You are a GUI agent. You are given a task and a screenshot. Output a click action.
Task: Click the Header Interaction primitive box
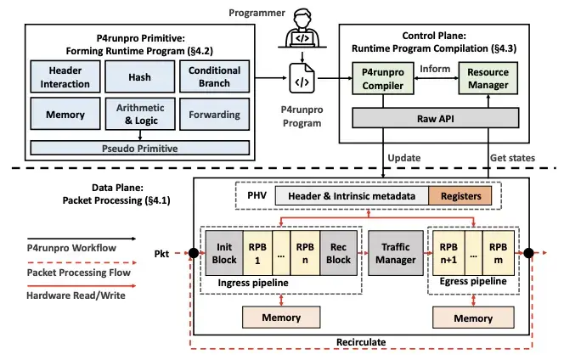(65, 76)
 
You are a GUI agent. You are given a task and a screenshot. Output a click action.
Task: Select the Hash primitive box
(139, 76)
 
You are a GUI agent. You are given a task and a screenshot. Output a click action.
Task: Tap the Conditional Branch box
(214, 76)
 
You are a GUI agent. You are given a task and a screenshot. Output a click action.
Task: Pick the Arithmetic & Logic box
(140, 114)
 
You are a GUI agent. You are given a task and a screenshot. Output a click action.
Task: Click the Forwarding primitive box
(214, 114)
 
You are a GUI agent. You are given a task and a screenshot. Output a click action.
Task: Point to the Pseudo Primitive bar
(140, 149)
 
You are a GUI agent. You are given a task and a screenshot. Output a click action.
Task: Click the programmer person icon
(302, 28)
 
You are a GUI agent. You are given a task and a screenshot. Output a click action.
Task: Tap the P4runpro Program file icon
(302, 78)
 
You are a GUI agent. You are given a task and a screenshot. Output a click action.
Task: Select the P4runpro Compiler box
(383, 78)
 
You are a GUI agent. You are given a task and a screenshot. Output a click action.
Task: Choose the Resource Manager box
(488, 78)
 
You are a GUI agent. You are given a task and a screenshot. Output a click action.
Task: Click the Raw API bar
(436, 118)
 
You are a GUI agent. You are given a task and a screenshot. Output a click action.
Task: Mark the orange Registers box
(460, 196)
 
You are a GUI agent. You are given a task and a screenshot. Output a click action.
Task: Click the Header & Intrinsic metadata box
(352, 196)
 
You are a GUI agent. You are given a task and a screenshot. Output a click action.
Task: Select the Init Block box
(224, 253)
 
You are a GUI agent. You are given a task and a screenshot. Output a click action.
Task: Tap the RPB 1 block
(257, 253)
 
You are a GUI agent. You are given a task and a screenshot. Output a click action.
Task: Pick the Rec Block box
(338, 253)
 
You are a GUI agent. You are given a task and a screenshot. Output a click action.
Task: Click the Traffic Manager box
(396, 253)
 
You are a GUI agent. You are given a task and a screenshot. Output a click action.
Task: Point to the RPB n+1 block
(448, 253)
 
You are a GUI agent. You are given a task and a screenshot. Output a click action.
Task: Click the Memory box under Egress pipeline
(473, 318)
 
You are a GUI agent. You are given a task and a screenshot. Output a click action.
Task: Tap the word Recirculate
(361, 342)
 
